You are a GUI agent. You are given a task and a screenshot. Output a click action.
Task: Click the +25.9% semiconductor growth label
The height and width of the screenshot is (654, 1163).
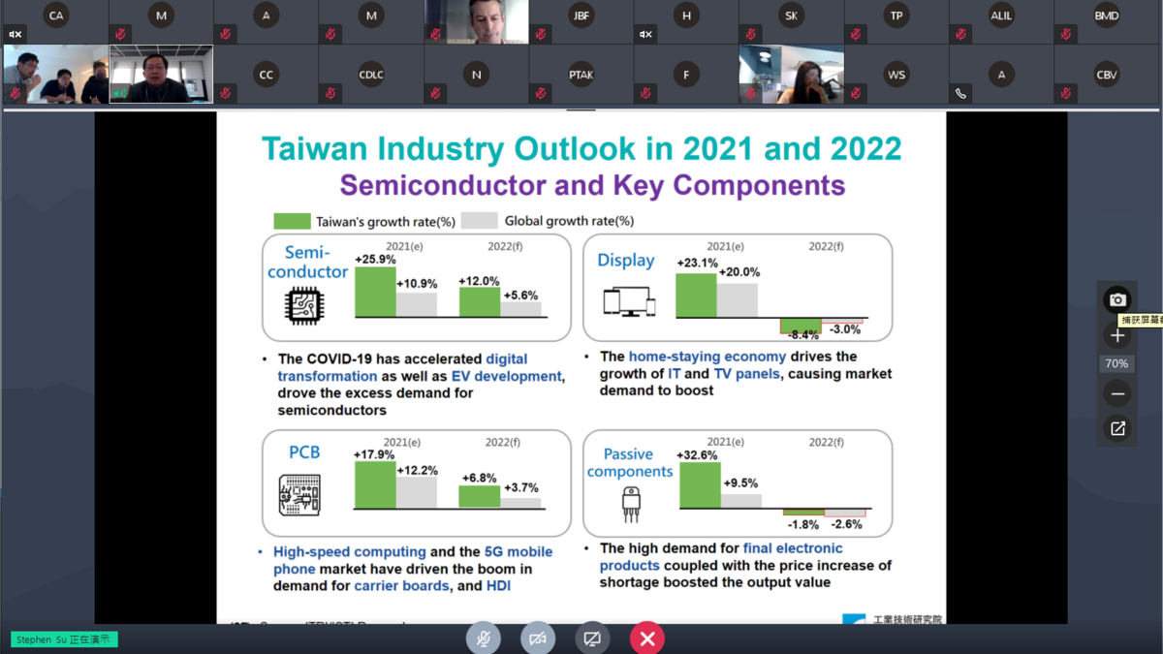pos(375,260)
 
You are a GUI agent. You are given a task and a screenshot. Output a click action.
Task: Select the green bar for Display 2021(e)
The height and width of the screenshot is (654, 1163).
pos(696,295)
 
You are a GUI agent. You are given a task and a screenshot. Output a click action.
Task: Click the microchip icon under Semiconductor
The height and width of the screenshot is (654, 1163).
pos(303,306)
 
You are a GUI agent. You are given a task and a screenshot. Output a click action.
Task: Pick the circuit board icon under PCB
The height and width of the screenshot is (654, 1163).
pos(299,495)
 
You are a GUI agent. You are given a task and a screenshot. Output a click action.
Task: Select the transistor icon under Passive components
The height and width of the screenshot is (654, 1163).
pos(630,504)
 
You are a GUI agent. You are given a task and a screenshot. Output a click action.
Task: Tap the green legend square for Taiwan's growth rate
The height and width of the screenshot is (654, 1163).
pos(292,221)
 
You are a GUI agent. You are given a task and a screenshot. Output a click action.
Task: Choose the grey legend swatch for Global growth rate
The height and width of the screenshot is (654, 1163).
pos(479,221)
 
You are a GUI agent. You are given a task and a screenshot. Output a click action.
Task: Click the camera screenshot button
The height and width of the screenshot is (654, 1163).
pos(1117,299)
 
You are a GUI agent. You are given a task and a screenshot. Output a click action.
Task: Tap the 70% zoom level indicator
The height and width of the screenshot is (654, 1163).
pos(1117,364)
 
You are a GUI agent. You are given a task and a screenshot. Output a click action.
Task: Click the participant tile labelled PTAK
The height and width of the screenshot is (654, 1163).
pos(581,75)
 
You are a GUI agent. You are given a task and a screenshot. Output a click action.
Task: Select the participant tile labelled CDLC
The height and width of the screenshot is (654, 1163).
pos(371,75)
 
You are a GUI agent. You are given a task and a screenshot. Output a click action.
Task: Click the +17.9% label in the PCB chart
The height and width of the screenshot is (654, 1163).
pos(373,454)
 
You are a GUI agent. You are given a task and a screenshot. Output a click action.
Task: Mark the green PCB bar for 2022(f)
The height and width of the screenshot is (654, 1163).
pos(479,496)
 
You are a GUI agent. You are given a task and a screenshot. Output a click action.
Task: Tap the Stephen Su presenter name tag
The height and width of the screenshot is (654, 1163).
pos(64,639)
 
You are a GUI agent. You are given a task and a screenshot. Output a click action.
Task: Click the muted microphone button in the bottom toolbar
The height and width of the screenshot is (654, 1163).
pos(483,638)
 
